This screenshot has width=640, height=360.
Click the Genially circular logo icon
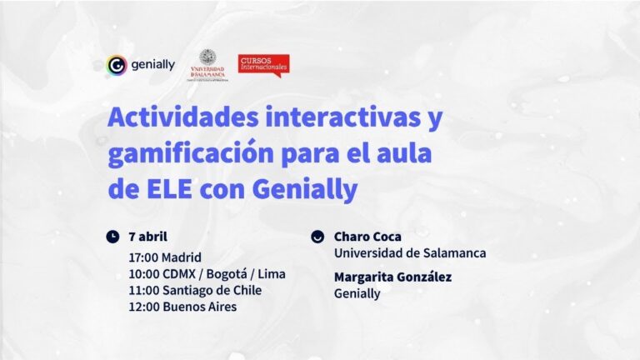[x=117, y=65]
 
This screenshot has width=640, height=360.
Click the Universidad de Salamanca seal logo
[x=207, y=62]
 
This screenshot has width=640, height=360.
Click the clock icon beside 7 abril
[x=112, y=237]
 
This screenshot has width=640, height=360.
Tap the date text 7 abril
[x=148, y=237]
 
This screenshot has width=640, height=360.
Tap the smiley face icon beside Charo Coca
[x=317, y=237]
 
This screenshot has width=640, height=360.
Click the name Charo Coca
[x=367, y=237]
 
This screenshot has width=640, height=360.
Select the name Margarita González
[x=392, y=277]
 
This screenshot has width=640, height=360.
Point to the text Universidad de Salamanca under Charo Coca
[x=410, y=253]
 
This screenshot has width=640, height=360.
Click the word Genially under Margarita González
[x=357, y=293]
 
